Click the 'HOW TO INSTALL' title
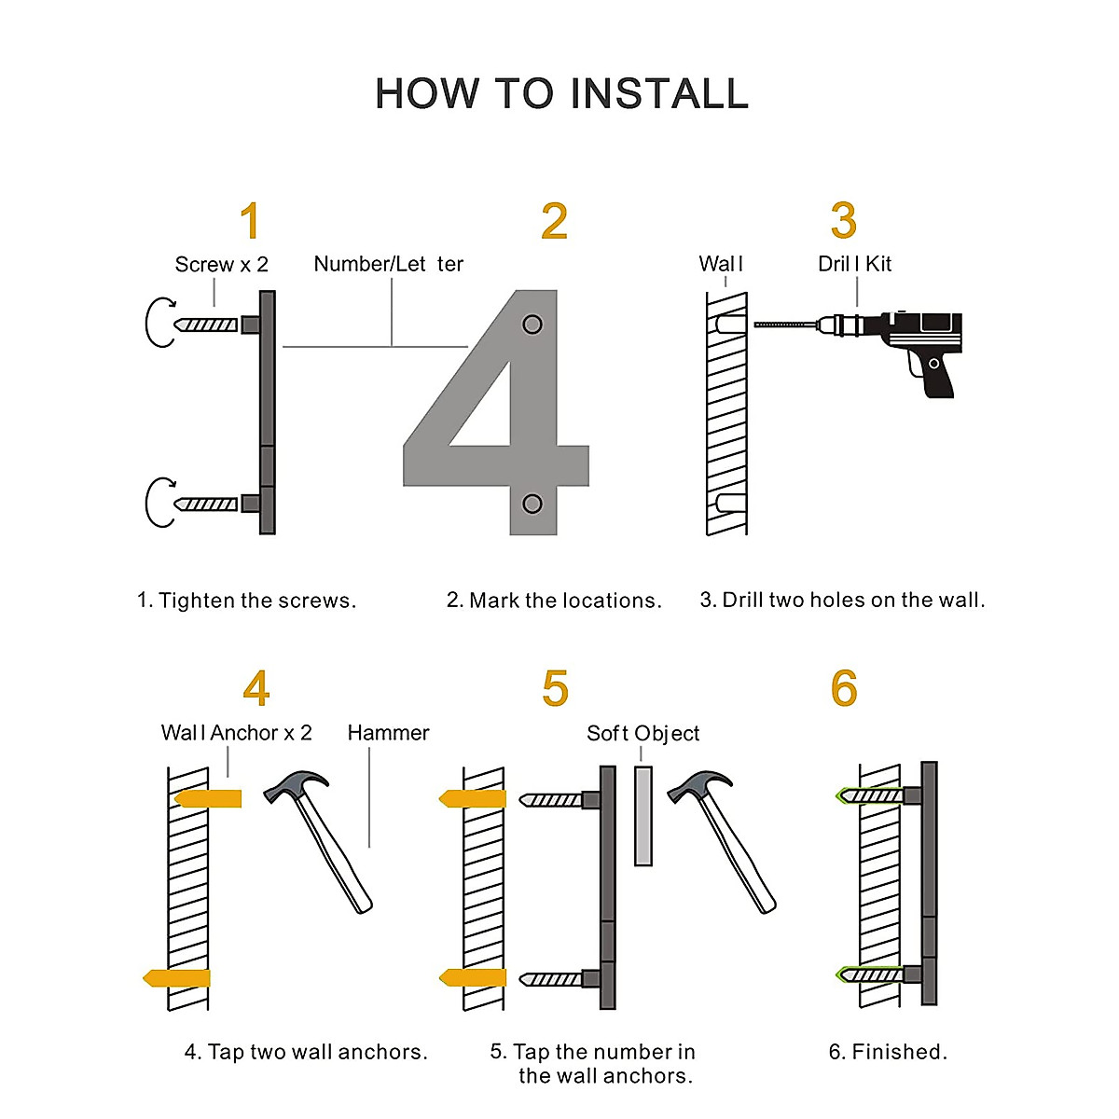pos(561,93)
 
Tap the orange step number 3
pos(843,221)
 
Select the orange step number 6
pos(844,688)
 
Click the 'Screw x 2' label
pos(221,264)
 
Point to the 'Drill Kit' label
pos(854,264)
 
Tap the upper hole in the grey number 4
pos(532,324)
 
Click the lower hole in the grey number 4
pos(532,504)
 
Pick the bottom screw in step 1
pos(206,504)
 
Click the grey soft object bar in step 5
pos(642,816)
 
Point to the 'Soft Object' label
pos(642,734)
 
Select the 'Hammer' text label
pos(388,733)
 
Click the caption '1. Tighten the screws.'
pos(246,600)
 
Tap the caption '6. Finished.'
pos(888,1052)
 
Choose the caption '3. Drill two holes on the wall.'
pos(843,600)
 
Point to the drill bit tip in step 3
pos(755,325)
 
